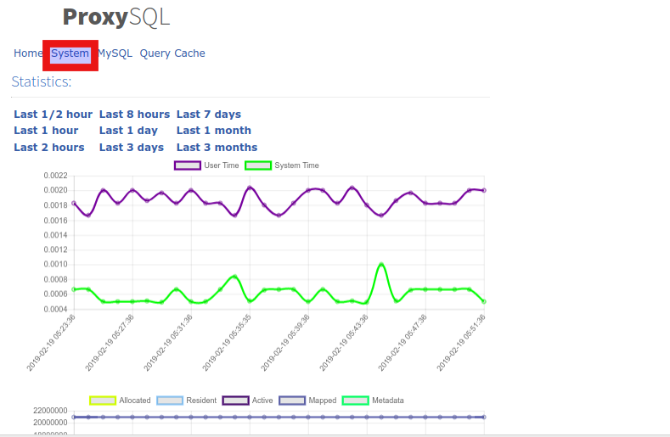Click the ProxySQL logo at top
click(x=116, y=17)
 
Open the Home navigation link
click(x=28, y=53)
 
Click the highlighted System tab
click(x=70, y=53)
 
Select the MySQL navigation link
click(x=115, y=53)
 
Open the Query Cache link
click(x=172, y=53)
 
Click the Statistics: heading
click(x=42, y=81)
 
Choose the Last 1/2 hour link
click(x=53, y=115)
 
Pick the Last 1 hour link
click(x=46, y=131)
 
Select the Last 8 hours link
click(x=134, y=115)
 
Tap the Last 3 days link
click(x=132, y=148)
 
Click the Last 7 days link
click(x=209, y=115)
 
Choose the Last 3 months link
click(x=217, y=148)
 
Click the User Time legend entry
click(x=207, y=165)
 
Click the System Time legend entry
click(x=282, y=165)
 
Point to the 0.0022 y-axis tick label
click(x=55, y=176)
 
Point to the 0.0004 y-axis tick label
click(x=55, y=309)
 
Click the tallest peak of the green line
click(x=381, y=264)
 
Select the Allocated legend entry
click(x=120, y=401)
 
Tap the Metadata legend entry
click(x=373, y=401)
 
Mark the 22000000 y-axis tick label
click(x=49, y=411)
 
